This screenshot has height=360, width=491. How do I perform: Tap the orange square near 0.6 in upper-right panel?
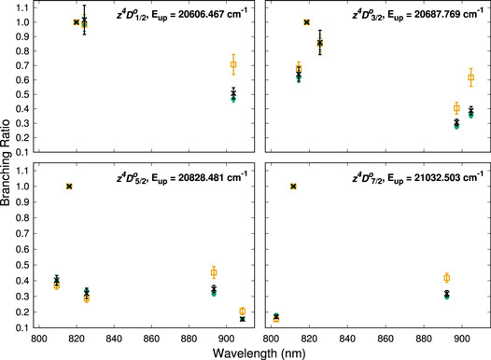click(x=471, y=77)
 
